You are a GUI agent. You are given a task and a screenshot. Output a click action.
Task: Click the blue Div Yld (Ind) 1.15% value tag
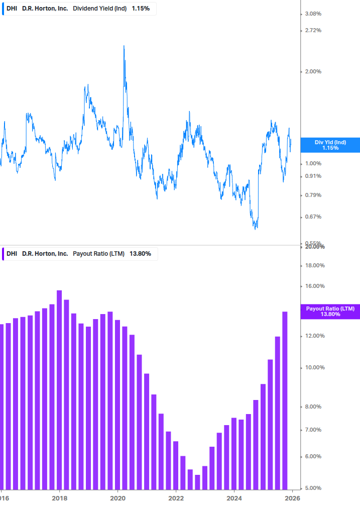point(330,145)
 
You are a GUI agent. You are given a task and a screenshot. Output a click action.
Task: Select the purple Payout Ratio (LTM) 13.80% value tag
point(330,311)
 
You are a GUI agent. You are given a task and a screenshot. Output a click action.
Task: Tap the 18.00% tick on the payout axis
point(315,265)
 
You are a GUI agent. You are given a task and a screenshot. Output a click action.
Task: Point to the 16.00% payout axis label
point(315,286)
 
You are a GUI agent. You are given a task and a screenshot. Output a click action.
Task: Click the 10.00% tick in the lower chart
point(315,367)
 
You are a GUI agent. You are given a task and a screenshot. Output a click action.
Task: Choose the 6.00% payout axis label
point(314,456)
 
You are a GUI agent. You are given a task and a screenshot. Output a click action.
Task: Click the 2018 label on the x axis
point(59,498)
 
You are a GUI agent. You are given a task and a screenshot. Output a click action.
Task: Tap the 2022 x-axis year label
point(176,498)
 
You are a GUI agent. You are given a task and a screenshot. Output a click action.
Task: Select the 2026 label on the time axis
point(293,498)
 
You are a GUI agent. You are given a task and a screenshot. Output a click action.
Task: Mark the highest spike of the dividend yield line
point(124,46)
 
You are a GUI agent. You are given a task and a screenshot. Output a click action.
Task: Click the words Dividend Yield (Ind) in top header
point(100,9)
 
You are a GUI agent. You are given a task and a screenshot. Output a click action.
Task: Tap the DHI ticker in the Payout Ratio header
point(12,254)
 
